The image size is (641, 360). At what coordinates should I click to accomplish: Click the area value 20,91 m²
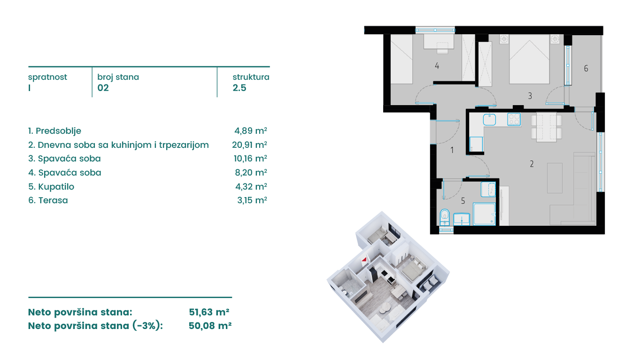[249, 145]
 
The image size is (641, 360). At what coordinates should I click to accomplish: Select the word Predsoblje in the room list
[58, 131]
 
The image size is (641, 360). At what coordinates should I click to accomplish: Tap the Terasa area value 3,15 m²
[252, 200]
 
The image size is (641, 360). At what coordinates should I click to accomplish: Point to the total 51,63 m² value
[209, 312]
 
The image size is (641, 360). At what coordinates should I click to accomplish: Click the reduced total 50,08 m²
[210, 326]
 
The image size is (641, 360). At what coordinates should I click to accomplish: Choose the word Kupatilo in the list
[56, 186]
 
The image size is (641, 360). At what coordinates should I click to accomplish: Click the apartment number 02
[103, 88]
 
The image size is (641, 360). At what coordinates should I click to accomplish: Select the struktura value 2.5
[239, 88]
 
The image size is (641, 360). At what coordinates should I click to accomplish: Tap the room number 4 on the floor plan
[437, 66]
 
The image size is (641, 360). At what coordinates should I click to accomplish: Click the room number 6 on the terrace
[586, 69]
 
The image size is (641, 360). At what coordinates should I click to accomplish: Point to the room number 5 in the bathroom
[463, 201]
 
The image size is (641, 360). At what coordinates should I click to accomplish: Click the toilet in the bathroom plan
[444, 217]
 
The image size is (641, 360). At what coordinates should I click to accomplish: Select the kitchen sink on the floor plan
[489, 120]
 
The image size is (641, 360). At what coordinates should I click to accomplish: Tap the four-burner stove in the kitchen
[514, 120]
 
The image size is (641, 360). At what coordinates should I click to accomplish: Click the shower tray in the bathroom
[484, 214]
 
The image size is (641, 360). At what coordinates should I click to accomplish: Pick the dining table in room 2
[546, 127]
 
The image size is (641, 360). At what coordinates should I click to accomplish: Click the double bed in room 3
[529, 59]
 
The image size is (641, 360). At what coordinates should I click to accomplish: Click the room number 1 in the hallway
[452, 150]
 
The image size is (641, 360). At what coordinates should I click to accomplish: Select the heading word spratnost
[47, 77]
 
